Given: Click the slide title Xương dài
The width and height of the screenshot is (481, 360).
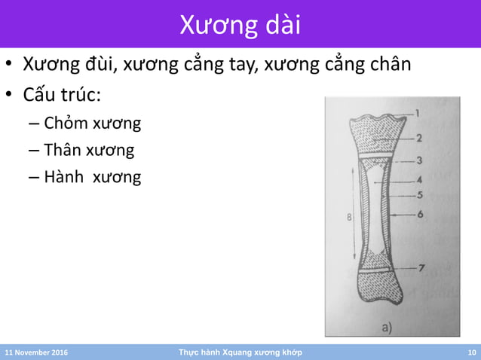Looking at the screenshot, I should (240, 25).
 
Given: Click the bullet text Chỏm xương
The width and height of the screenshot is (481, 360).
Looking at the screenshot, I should (92, 123).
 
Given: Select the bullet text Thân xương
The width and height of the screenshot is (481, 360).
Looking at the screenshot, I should (89, 150).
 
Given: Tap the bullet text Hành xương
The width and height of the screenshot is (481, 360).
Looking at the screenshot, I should (92, 178).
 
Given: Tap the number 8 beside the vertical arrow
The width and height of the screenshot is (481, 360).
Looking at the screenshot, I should (349, 218).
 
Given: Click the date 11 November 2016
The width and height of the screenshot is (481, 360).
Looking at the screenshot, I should (35, 352).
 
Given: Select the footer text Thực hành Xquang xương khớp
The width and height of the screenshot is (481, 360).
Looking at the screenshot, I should (240, 352).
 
